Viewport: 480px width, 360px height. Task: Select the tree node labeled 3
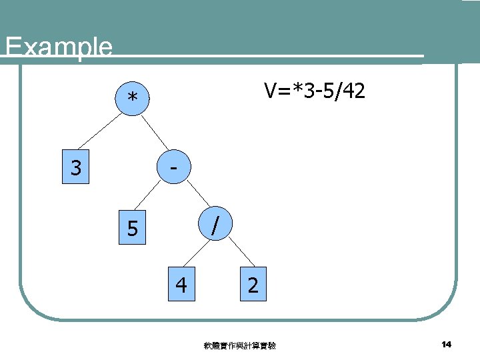point(76,167)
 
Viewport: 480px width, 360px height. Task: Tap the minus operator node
point(173,167)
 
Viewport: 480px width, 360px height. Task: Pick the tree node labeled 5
point(133,229)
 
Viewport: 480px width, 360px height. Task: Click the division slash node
point(213,224)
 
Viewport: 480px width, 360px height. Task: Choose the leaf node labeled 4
point(181,285)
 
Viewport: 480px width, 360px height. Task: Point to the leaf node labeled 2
point(252,285)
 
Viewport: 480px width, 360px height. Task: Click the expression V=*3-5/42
point(314,91)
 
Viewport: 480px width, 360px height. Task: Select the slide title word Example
point(58,47)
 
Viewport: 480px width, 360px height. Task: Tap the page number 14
point(446,344)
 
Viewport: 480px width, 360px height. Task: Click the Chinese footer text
point(240,345)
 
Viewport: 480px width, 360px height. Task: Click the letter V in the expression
point(270,91)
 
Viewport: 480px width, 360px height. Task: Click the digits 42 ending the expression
point(354,91)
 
